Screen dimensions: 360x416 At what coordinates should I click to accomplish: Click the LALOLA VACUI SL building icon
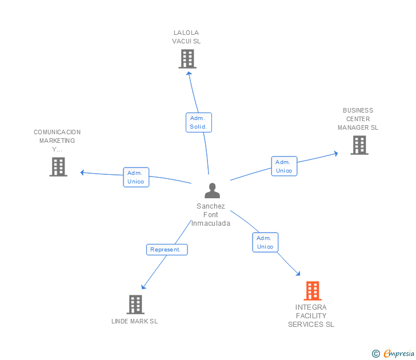tap(187, 59)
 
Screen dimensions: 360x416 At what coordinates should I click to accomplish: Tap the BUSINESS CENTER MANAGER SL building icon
tap(359, 145)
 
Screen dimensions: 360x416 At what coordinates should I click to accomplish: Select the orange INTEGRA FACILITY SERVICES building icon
tap(312, 291)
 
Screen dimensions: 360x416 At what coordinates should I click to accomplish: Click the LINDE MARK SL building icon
tap(135, 305)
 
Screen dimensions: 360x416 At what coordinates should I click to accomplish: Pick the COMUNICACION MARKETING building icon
tap(58, 167)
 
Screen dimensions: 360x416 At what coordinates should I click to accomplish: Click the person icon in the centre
tap(212, 190)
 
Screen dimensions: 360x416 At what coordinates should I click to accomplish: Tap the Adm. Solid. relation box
tap(198, 122)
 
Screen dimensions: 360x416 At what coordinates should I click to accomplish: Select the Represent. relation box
tap(166, 249)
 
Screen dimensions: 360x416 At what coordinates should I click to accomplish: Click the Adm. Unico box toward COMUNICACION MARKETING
tap(135, 177)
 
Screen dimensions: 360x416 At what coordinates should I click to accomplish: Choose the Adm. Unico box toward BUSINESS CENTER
tap(284, 166)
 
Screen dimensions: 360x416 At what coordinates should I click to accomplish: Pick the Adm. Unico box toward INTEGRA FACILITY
tap(265, 242)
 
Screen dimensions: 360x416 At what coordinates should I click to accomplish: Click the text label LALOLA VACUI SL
tap(186, 37)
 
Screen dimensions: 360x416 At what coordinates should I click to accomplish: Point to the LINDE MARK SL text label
tap(134, 321)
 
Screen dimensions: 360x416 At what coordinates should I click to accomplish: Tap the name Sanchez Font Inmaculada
tap(211, 215)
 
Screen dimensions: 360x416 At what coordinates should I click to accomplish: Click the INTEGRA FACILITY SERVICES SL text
tap(311, 316)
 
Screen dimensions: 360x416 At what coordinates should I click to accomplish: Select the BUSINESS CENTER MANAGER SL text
tap(358, 119)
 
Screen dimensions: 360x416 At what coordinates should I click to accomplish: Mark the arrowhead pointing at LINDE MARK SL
tap(143, 287)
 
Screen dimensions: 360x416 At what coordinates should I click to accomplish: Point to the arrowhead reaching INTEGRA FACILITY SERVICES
tap(298, 273)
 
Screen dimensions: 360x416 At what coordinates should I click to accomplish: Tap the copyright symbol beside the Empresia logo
tap(376, 354)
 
